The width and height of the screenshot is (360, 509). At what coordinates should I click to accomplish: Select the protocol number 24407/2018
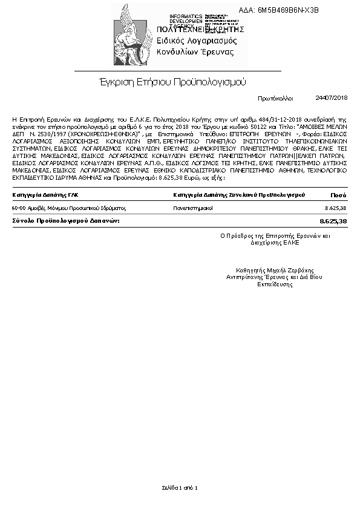point(332,97)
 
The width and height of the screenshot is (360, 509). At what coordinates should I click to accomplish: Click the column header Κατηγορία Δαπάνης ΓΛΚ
point(45,195)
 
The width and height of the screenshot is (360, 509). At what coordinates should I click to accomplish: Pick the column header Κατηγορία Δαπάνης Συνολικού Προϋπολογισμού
point(238,195)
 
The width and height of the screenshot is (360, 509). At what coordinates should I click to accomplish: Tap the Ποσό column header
point(338,195)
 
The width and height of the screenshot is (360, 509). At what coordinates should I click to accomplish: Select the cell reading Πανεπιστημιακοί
point(193,208)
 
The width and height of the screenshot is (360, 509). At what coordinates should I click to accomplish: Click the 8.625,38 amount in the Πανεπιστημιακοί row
point(336,208)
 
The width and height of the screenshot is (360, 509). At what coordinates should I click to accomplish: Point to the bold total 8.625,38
point(333,222)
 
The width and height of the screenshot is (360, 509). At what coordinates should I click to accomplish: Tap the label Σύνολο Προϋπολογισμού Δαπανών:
point(66,222)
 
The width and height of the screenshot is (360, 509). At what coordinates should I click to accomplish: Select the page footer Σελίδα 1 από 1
point(180,487)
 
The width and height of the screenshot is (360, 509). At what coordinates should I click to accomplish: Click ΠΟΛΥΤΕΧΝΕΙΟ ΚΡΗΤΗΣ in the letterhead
point(200,29)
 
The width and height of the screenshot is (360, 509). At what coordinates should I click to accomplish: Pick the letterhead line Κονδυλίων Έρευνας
point(195,52)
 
